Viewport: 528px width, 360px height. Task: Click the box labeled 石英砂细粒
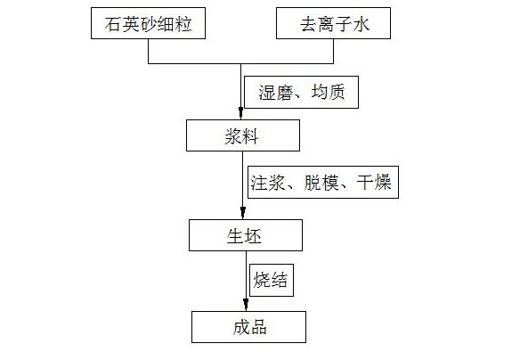point(148,23)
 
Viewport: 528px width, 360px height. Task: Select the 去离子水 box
point(333,23)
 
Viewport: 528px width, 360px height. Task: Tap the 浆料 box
point(243,135)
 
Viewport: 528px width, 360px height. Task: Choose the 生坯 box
point(246,235)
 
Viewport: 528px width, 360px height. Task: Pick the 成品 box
point(248,327)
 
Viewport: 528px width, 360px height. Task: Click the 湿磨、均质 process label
point(301,93)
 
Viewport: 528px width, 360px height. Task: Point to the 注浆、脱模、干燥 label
point(323,182)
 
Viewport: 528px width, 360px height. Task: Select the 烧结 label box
point(272,280)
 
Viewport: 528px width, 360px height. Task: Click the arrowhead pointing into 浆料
point(240,112)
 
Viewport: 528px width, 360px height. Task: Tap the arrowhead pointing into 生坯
point(243,212)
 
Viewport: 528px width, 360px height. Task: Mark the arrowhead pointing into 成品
point(246,304)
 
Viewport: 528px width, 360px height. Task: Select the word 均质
point(328,92)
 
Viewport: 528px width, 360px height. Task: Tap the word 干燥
point(374,183)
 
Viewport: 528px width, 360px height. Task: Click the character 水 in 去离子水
point(361,24)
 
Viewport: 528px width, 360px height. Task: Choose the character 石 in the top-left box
point(113,24)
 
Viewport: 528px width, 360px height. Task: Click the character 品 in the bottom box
point(258,328)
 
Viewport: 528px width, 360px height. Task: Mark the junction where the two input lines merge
point(240,63)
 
